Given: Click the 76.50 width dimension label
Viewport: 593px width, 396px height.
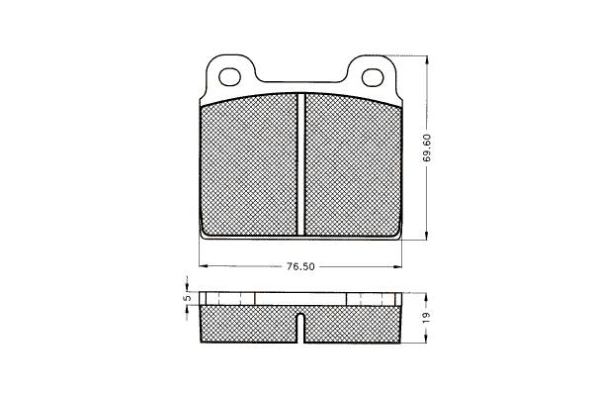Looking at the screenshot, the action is pyautogui.click(x=300, y=266).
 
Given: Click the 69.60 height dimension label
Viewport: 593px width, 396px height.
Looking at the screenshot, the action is pyautogui.click(x=427, y=148).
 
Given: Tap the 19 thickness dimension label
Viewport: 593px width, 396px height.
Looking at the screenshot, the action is pyautogui.click(x=427, y=318).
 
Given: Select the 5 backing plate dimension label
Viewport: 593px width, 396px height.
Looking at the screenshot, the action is pyautogui.click(x=186, y=298).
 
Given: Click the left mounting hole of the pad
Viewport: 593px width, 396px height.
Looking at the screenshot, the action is pyautogui.click(x=230, y=77).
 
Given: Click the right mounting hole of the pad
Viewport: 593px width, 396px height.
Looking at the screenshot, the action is pyautogui.click(x=373, y=77).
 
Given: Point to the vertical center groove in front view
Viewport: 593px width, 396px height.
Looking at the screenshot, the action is pyautogui.click(x=301, y=164).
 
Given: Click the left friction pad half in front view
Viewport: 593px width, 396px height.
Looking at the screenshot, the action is pyautogui.click(x=249, y=165).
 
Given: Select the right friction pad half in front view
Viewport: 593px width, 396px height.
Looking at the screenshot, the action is pyautogui.click(x=353, y=165).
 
